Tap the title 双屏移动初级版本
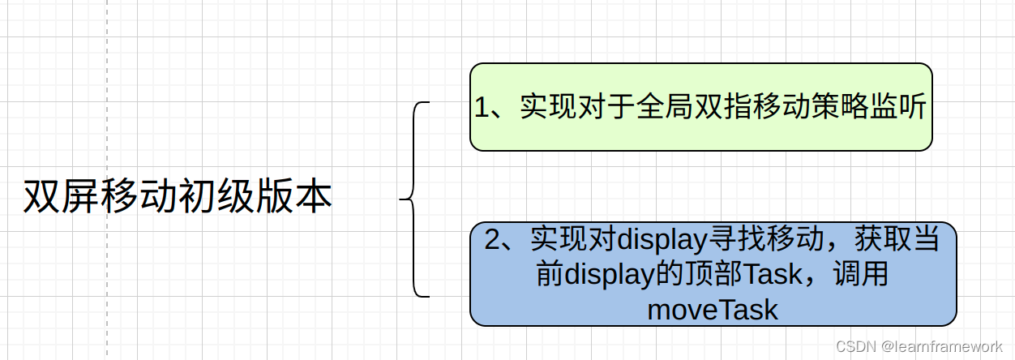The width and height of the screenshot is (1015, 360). point(178,196)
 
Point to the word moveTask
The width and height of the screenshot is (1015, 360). point(713,309)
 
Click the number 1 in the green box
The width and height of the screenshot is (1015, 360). point(482,107)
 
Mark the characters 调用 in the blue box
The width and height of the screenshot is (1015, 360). point(865,274)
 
